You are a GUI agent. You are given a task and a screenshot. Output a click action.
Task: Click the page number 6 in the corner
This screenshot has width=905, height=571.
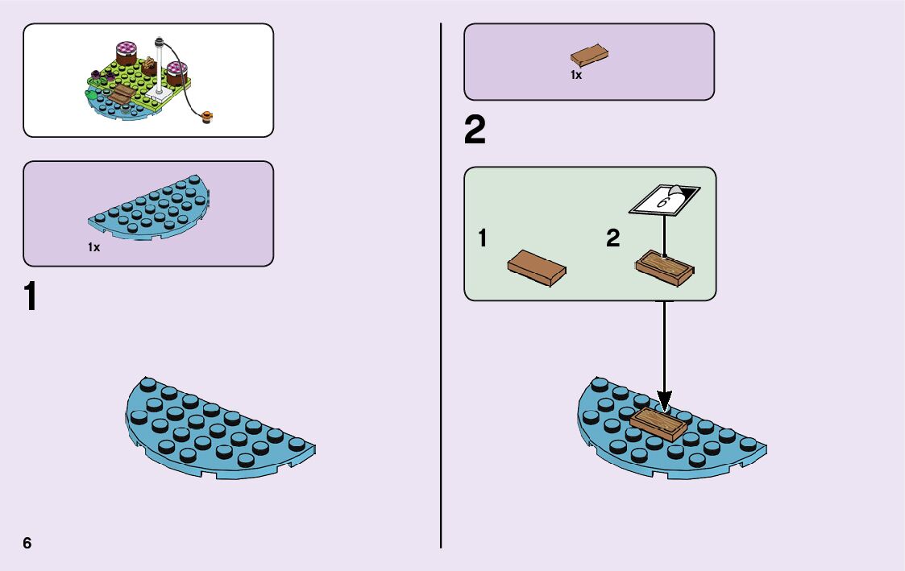tap(27, 543)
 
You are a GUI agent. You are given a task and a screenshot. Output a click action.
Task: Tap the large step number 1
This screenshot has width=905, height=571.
tap(30, 297)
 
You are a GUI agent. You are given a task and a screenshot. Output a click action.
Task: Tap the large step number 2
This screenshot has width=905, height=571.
tap(475, 130)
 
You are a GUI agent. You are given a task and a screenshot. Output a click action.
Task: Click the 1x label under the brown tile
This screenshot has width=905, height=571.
tap(576, 75)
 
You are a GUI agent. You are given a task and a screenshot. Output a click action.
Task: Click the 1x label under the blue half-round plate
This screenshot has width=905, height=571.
tap(94, 247)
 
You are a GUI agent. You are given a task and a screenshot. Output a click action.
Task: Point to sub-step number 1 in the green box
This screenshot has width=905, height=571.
tap(482, 238)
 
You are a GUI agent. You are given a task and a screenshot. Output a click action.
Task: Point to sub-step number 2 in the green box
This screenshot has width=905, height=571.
tap(613, 238)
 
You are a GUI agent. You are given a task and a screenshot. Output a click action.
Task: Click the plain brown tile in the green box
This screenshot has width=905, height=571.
tap(536, 267)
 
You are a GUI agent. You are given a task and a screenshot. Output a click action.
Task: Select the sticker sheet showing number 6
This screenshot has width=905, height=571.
tap(665, 199)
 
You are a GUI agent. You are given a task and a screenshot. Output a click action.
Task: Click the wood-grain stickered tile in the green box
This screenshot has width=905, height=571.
tap(665, 267)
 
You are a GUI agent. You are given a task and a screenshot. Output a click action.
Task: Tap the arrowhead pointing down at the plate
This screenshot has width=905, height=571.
tap(664, 399)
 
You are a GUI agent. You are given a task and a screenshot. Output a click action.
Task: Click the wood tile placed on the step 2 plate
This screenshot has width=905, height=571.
tap(658, 422)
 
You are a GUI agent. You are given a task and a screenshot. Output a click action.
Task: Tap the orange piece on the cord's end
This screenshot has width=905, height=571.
tap(209, 118)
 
